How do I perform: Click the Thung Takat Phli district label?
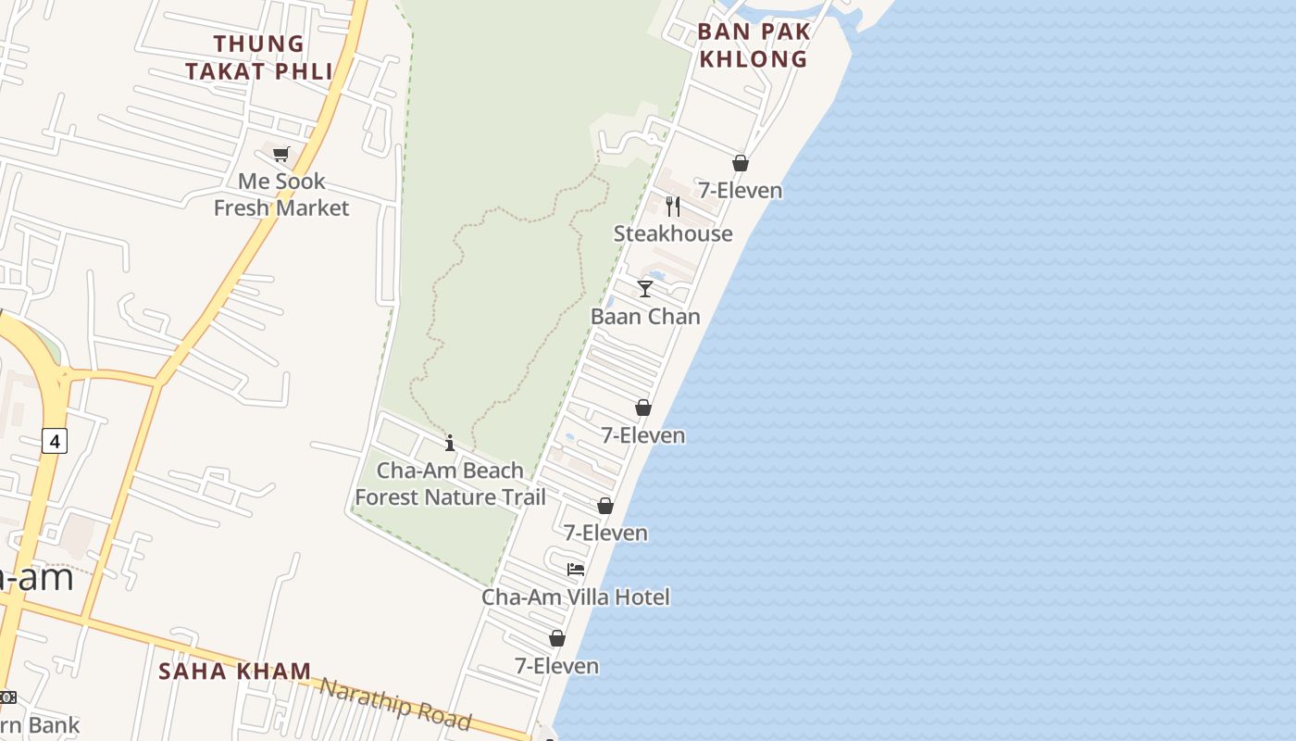[x=258, y=57]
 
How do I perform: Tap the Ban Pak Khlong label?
[x=754, y=44]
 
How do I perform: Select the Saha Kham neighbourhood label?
[x=234, y=671]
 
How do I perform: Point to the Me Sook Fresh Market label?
[x=281, y=195]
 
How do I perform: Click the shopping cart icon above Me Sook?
[x=280, y=154]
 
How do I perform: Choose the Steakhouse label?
[x=673, y=233]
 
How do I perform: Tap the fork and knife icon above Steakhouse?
[x=673, y=206]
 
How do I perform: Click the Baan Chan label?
[x=645, y=316]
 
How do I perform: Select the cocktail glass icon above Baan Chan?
[x=645, y=289]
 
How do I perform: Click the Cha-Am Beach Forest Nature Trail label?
[x=450, y=484]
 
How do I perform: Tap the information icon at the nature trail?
[x=450, y=443]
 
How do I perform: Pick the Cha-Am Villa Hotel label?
[x=575, y=597]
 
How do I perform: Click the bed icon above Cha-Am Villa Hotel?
[x=576, y=569]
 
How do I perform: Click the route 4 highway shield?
[x=55, y=441]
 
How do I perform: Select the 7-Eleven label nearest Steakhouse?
[x=740, y=190]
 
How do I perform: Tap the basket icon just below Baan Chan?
[x=643, y=408]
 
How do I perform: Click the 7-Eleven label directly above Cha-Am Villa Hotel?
[x=605, y=533]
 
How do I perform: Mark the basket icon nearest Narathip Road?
[x=557, y=638]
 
